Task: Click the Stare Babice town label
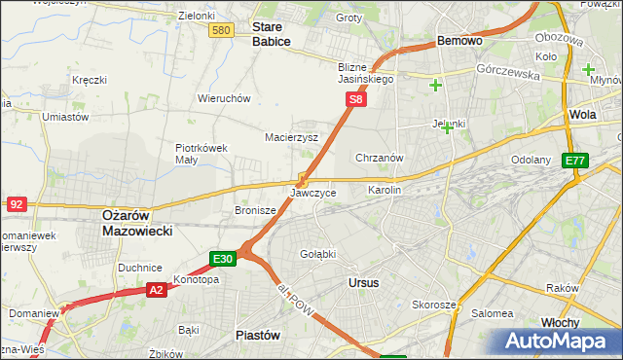271,34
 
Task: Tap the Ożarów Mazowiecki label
137,223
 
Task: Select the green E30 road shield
223,259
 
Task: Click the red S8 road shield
357,99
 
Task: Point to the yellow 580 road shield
221,31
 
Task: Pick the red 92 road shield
16,203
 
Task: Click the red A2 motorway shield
157,290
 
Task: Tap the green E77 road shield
576,161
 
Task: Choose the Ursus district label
363,282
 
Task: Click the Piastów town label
258,334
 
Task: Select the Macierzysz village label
292,137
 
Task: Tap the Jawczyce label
313,193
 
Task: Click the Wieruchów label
225,98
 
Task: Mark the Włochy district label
586,322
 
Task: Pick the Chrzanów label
380,157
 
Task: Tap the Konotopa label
196,279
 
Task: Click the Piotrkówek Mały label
201,155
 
